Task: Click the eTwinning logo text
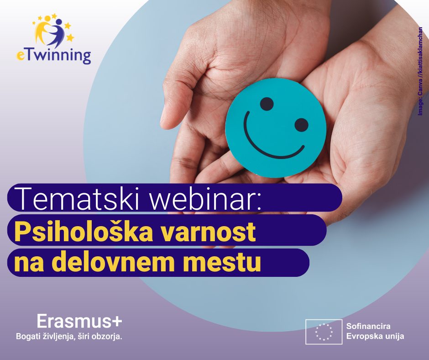[x=54, y=56]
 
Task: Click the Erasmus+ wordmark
[x=79, y=321]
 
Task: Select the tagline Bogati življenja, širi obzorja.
[x=69, y=336]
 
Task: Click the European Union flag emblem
[x=324, y=332]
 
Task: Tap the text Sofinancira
[x=368, y=326]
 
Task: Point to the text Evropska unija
[x=375, y=336]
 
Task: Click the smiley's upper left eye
[x=267, y=104]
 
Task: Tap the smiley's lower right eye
[x=302, y=125]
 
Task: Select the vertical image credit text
[x=420, y=71]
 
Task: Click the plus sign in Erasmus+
[x=117, y=322]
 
